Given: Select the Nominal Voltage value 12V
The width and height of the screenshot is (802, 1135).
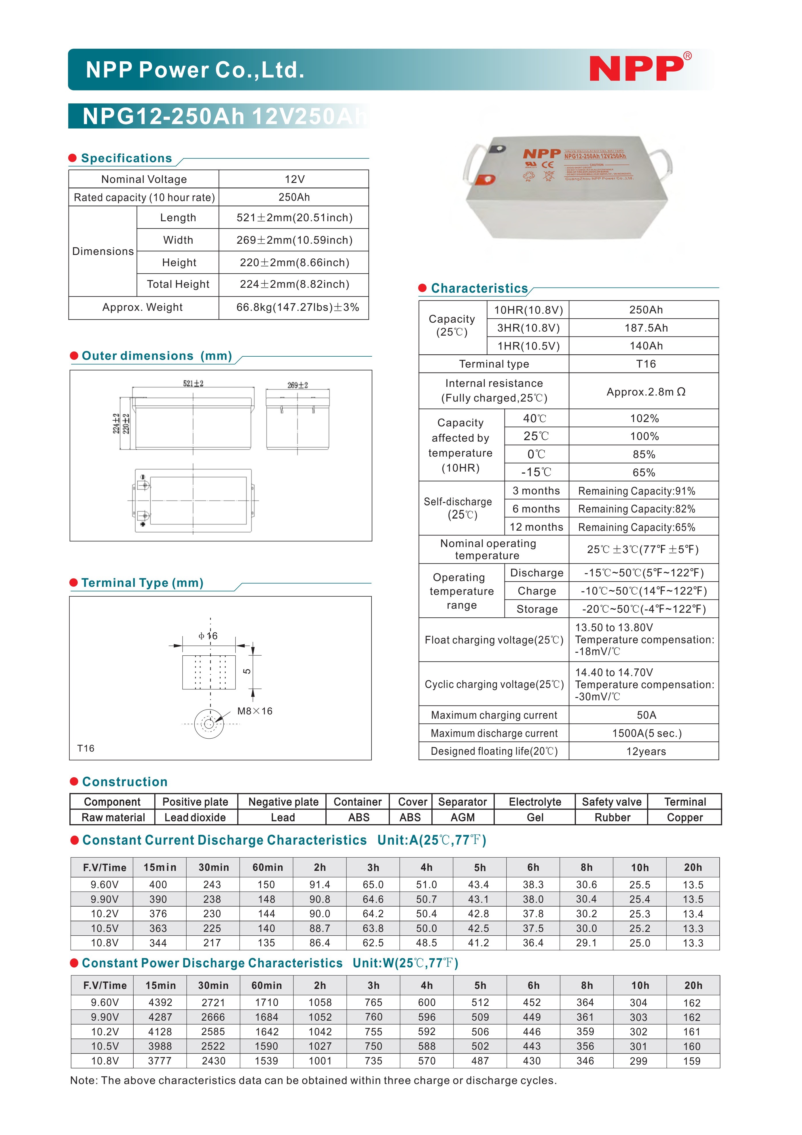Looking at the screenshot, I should [x=295, y=179].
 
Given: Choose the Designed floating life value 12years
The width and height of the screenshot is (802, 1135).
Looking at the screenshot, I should [x=646, y=751].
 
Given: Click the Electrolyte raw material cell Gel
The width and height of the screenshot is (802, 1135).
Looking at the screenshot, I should [x=535, y=818].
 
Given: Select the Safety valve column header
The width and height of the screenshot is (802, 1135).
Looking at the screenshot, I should [x=611, y=802].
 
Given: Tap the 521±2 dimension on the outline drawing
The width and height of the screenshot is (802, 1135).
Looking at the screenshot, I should [x=193, y=384].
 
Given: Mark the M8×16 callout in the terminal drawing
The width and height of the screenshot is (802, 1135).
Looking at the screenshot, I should [x=255, y=711].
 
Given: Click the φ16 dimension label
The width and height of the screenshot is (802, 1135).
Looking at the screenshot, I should [x=208, y=636].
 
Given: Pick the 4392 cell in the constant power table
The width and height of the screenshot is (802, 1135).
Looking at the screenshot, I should [x=160, y=1002].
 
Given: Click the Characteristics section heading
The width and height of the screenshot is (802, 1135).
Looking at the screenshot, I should [x=479, y=288].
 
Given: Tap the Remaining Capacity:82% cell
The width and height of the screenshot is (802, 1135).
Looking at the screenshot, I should [x=636, y=509].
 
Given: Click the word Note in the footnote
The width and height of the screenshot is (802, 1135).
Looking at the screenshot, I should [x=83, y=1080].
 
